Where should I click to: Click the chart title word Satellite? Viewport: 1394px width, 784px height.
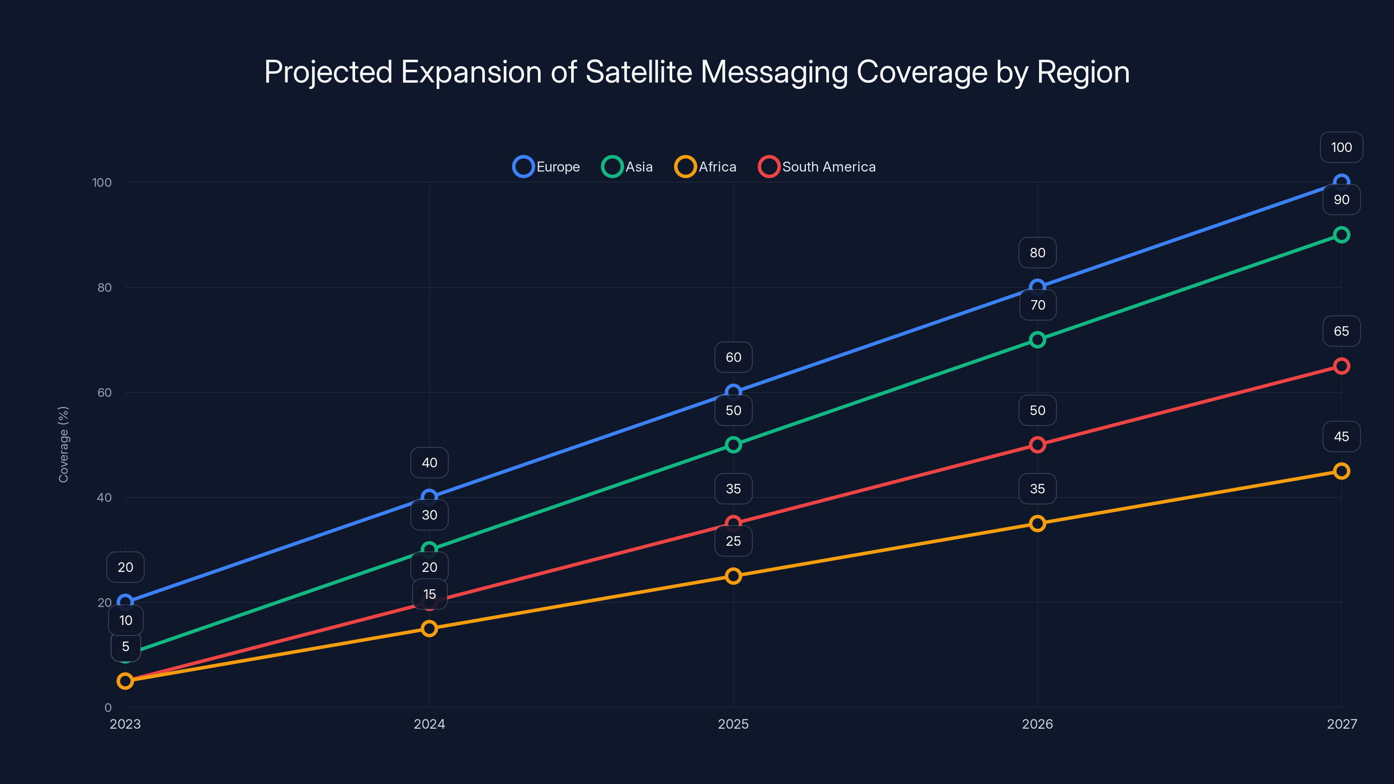pos(639,72)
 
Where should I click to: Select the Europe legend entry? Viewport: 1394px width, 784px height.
pos(547,167)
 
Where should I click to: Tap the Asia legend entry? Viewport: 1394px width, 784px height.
pos(628,167)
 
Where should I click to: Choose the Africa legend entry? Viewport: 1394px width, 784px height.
pos(706,167)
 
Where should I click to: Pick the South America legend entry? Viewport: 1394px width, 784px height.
pos(817,167)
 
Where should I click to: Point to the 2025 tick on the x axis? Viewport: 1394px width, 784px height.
pos(733,724)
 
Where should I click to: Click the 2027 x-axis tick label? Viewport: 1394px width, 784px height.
pos(1342,724)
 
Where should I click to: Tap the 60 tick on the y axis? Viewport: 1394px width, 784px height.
pos(105,392)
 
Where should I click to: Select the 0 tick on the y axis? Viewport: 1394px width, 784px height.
pos(108,707)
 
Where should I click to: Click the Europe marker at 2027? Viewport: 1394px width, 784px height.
pos(1342,182)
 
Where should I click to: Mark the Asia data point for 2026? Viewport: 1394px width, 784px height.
pos(1037,340)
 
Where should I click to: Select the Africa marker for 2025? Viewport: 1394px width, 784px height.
pos(733,576)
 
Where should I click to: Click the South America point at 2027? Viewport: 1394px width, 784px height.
pos(1342,366)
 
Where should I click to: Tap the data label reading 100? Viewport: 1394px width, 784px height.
pos(1342,147)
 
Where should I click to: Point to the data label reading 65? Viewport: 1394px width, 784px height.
pos(1342,331)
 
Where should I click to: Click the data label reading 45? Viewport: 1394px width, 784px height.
pos(1342,436)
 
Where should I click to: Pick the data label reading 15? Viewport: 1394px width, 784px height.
pos(430,594)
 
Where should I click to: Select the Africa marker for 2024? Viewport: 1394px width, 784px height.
pos(429,628)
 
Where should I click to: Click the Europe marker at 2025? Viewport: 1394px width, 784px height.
pos(733,392)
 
